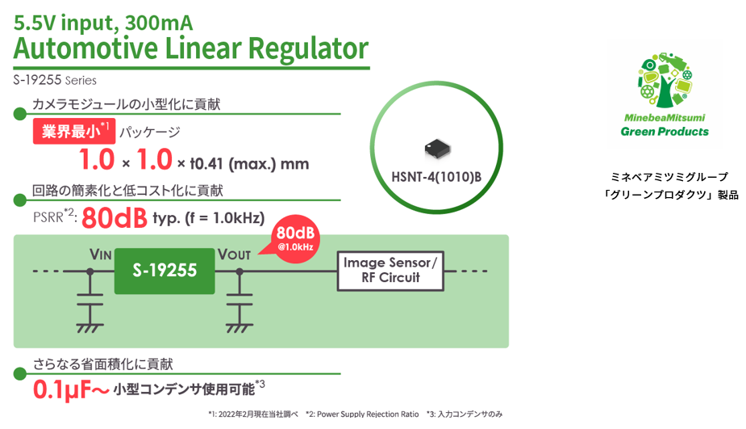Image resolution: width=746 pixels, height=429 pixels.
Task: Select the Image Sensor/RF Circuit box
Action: [393, 271]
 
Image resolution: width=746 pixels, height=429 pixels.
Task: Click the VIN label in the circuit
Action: [100, 254]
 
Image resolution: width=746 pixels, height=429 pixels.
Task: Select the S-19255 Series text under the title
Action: [55, 80]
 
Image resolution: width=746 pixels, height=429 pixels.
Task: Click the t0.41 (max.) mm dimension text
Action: [249, 163]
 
